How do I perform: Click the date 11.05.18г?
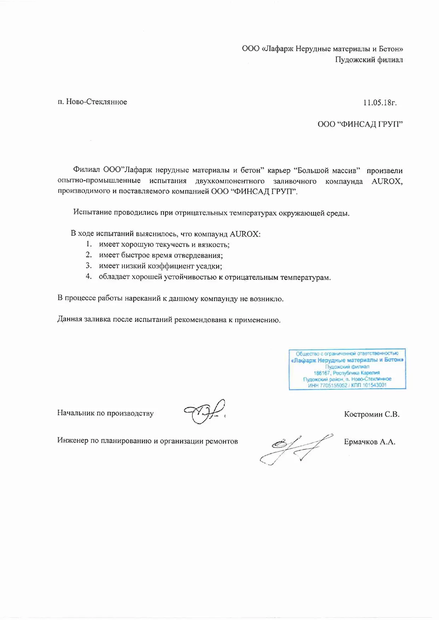pos(380,102)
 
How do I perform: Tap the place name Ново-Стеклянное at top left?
pos(96,102)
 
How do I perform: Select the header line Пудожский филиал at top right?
pos(369,60)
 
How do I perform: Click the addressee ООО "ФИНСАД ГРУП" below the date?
pos(360,124)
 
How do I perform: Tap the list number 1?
pos(89,244)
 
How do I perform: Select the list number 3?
pos(89,266)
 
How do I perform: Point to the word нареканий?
pos(143,299)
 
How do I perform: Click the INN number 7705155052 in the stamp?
pos(333,385)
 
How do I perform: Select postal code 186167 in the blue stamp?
pos(322,373)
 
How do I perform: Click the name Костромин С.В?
pos(371,414)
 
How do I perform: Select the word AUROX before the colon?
pos(244,234)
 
